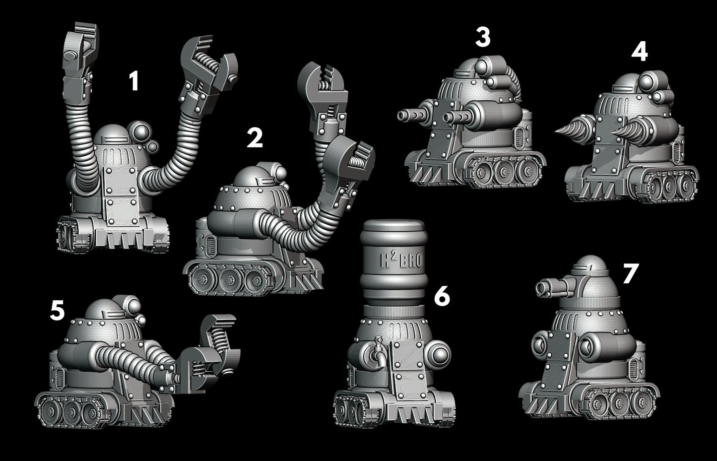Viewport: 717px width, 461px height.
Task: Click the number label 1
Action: click(133, 81)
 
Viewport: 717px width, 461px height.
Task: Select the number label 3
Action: click(482, 37)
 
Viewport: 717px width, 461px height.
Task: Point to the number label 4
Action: click(640, 52)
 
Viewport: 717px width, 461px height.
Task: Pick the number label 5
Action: click(57, 311)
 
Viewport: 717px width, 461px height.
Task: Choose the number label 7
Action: click(630, 274)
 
